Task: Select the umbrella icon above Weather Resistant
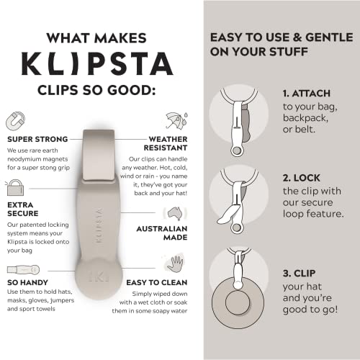pyautogui.click(x=175, y=119)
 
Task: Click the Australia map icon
pyautogui.click(x=174, y=213)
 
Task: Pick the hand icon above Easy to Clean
pyautogui.click(x=174, y=263)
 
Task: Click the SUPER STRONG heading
pyautogui.click(x=37, y=138)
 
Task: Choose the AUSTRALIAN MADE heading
pyautogui.click(x=159, y=233)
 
